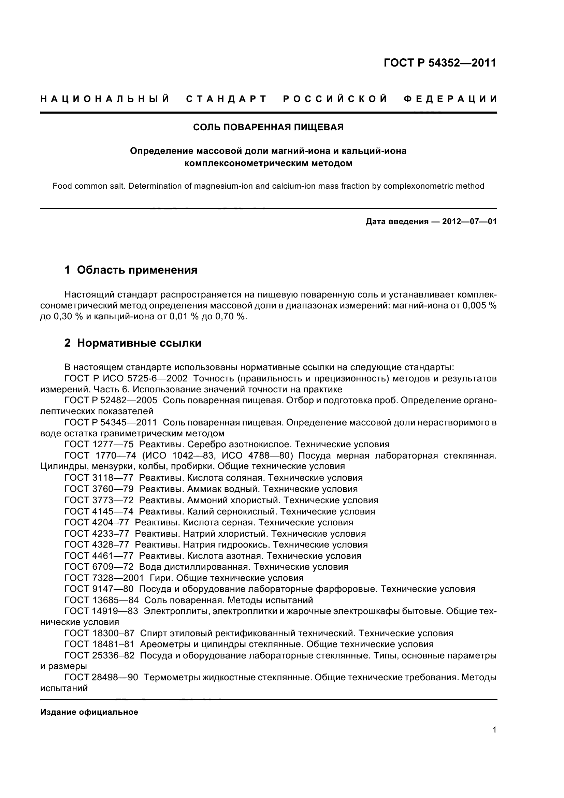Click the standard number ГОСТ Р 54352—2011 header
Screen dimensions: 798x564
[440, 63]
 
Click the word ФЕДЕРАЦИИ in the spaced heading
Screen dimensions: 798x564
[450, 99]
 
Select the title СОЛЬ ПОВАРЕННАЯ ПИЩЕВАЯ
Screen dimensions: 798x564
[268, 128]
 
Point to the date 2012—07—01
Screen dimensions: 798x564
[469, 222]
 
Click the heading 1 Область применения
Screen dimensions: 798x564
[131, 270]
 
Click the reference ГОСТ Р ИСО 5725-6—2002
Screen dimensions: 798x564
[126, 378]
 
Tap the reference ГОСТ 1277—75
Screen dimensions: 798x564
[99, 445]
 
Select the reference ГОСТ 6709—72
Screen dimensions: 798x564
[99, 567]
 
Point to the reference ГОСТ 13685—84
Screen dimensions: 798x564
[101, 600]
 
